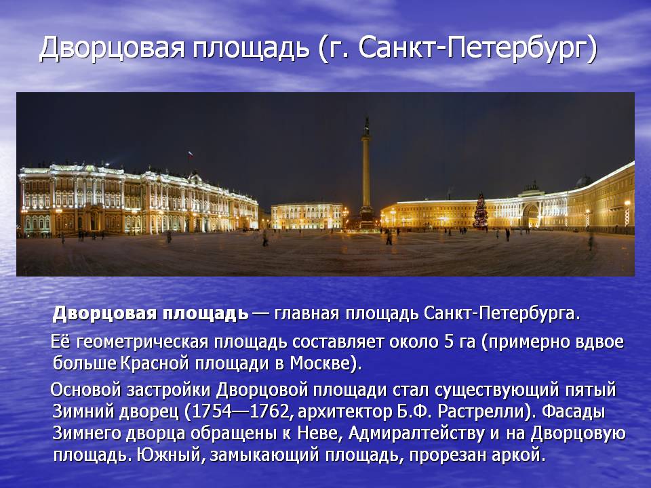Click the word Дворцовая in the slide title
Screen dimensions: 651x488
pos(112,48)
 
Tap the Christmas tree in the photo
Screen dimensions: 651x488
pos(480,211)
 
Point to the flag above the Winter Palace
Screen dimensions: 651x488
pos(191,155)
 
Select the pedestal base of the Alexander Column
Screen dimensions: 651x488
pos(367,218)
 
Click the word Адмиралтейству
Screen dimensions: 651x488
pos(416,434)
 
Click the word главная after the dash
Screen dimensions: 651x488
pos(307,314)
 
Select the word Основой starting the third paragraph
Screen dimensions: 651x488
pos(85,390)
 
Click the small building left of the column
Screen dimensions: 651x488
pos(307,216)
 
